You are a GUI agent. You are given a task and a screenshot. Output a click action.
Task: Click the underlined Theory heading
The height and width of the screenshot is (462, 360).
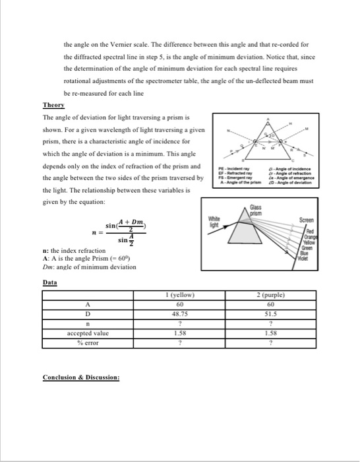tap(53, 105)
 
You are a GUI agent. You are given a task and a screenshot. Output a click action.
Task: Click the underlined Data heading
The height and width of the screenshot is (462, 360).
tap(50, 282)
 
